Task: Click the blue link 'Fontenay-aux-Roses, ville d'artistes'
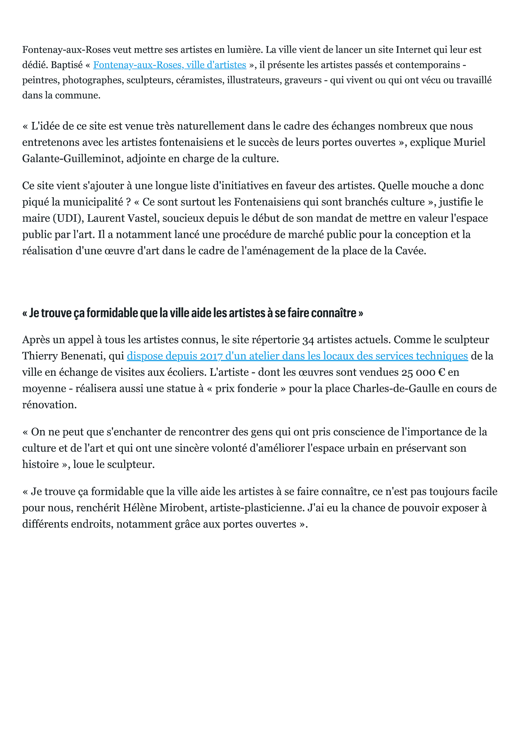point(169,65)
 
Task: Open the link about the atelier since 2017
point(297,356)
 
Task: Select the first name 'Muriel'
point(469,142)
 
